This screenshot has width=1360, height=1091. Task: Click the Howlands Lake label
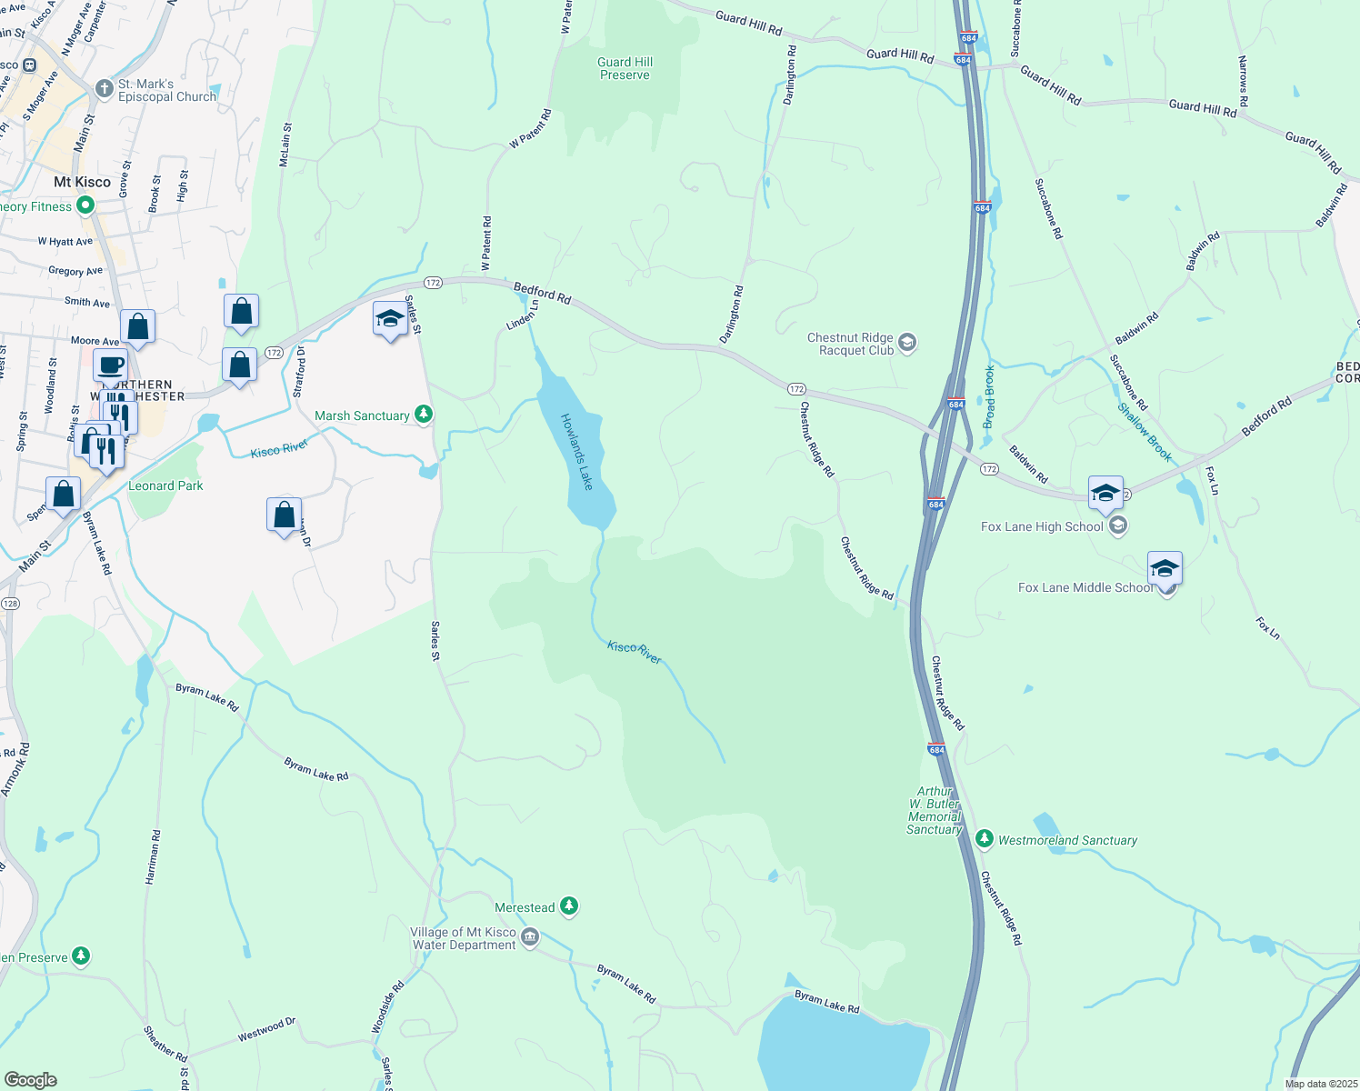click(576, 452)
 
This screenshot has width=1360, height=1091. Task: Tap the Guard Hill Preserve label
click(625, 69)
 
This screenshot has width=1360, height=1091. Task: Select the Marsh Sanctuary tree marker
click(423, 415)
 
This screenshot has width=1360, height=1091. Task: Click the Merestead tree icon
click(569, 906)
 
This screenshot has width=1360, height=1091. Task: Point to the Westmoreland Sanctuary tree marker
click(984, 839)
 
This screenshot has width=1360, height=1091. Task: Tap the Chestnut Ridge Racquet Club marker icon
click(906, 343)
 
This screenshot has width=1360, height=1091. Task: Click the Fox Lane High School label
click(1042, 527)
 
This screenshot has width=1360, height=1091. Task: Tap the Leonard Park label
click(165, 486)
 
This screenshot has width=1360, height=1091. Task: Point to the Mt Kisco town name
click(82, 182)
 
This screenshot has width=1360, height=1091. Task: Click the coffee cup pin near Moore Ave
click(111, 366)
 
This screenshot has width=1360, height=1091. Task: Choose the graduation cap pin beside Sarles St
click(390, 320)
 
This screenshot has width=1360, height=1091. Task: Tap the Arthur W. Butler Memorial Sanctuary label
click(935, 810)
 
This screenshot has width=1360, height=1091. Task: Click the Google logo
click(30, 1080)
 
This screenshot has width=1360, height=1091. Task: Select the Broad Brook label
click(989, 396)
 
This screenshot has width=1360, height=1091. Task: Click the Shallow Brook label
click(1145, 433)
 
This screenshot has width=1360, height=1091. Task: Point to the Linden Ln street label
click(523, 315)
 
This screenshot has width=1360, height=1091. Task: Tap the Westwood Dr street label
click(266, 1030)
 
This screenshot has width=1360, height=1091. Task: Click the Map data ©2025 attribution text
click(1320, 1084)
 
